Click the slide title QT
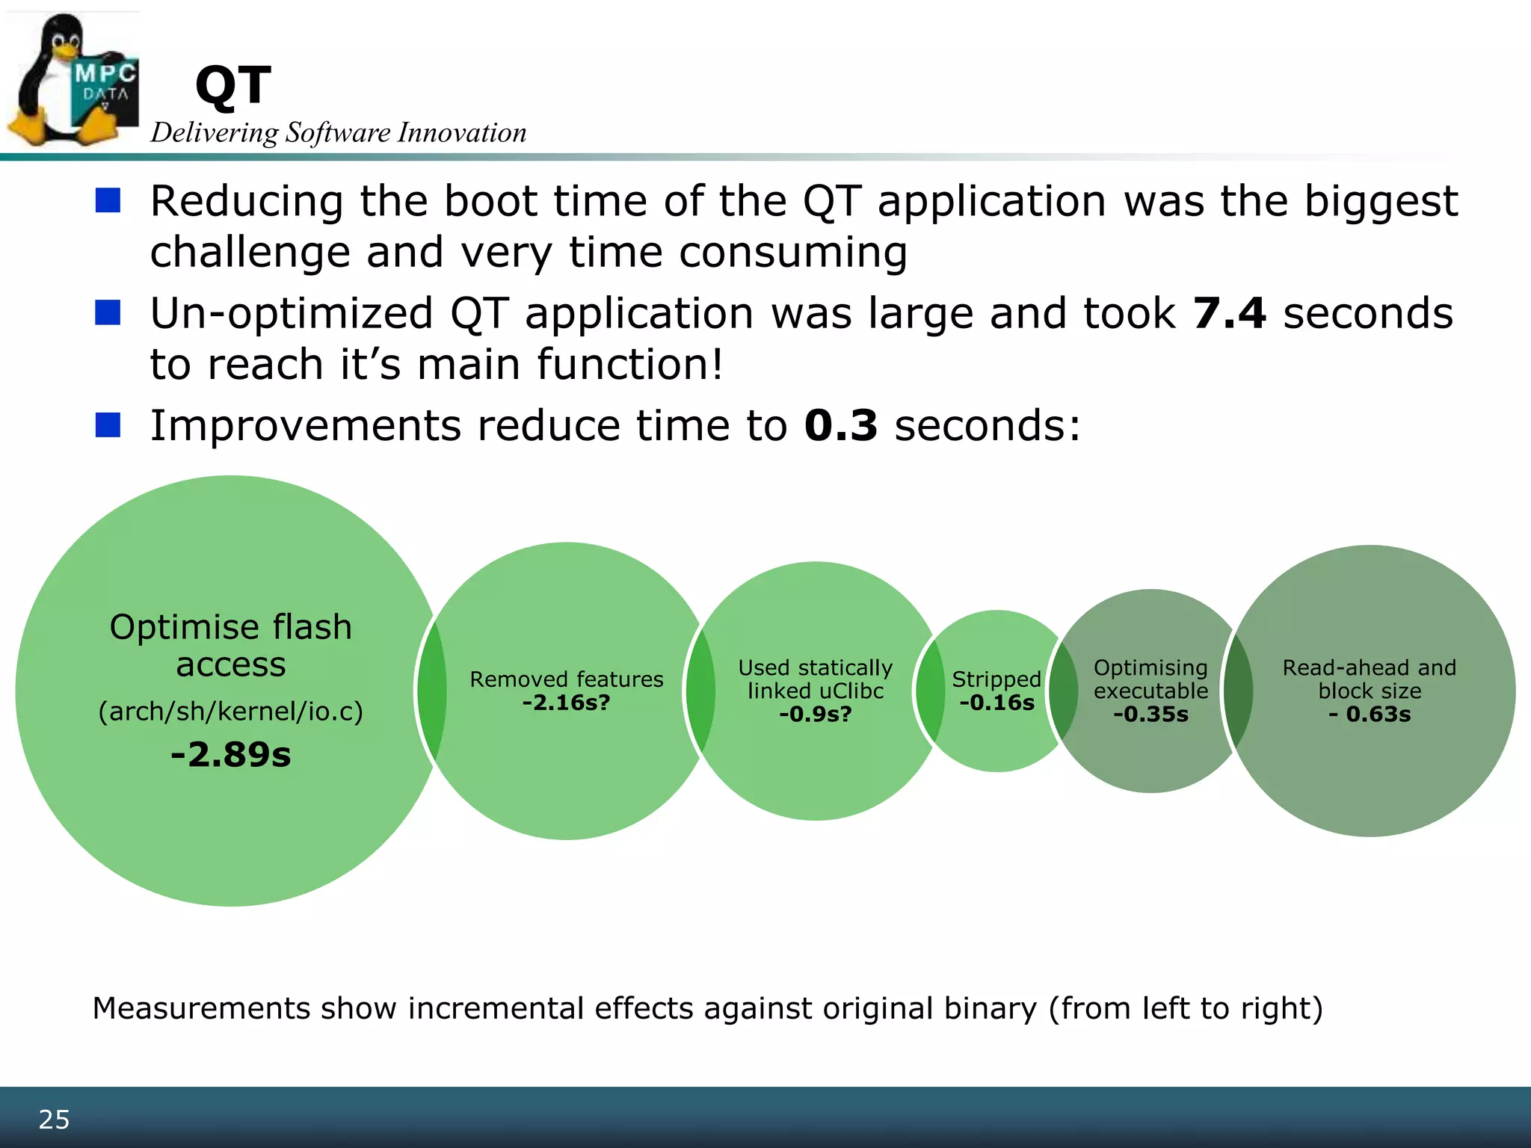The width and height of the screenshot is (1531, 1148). click(x=232, y=85)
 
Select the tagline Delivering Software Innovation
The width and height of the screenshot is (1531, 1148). click(x=339, y=133)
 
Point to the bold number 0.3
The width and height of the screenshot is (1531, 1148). click(x=840, y=425)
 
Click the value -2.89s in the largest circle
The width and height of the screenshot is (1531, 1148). click(x=231, y=754)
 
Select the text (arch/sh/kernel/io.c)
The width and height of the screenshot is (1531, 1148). click(x=231, y=711)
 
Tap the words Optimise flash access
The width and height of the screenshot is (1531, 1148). click(x=231, y=645)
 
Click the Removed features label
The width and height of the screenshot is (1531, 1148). click(x=566, y=679)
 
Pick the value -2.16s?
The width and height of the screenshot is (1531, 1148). click(x=566, y=703)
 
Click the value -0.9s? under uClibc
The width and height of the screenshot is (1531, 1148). click(x=815, y=715)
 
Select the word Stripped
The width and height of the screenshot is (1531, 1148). click(x=996, y=679)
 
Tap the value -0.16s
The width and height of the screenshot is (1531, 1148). click(x=996, y=703)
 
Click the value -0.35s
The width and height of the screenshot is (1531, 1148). click(x=1150, y=715)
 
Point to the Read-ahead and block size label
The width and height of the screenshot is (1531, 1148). click(x=1370, y=679)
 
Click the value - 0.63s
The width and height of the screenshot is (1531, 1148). click(x=1370, y=715)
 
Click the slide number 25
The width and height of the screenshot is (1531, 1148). click(x=54, y=1120)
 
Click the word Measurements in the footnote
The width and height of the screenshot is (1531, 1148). click(x=201, y=1008)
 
